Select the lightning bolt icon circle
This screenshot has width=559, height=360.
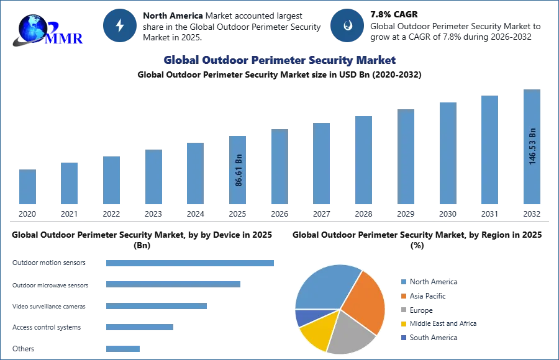[120, 25]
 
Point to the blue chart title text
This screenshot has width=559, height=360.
[278, 60]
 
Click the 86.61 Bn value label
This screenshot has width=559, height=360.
[239, 170]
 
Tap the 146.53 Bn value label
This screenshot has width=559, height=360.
[532, 146]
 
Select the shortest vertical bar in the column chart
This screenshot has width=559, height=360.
[27, 187]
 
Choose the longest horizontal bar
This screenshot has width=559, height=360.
[191, 263]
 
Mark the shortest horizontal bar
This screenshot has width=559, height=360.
[124, 348]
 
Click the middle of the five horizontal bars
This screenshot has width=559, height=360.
[156, 307]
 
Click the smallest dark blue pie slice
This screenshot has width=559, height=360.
[304, 318]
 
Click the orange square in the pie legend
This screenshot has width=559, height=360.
[402, 297]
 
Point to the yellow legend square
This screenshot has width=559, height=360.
[402, 323]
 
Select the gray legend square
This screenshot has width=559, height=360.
[402, 308]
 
